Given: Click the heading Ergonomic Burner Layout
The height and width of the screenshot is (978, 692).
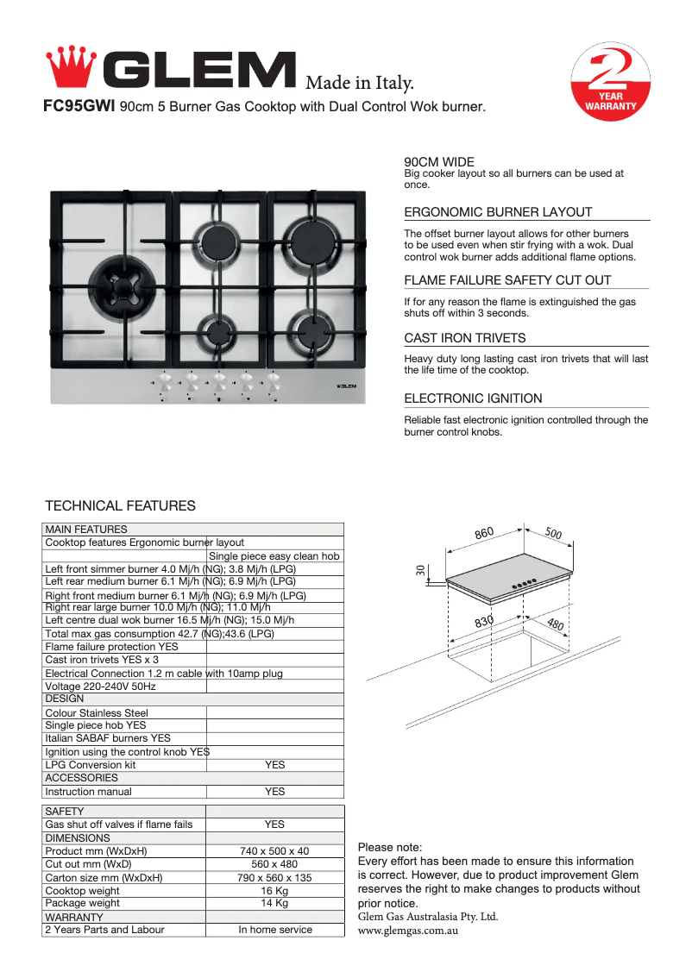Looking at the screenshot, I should [498, 212].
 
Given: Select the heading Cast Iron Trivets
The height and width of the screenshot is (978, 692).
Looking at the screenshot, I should [465, 338].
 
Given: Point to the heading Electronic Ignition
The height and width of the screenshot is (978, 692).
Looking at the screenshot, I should [473, 398].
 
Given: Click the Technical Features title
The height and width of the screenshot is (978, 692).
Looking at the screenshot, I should [120, 506].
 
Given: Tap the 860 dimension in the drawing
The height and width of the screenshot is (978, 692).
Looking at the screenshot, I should [484, 533].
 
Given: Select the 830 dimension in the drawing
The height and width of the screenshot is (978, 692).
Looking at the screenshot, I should [484, 621].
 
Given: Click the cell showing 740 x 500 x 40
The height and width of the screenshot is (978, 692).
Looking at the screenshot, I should [274, 851].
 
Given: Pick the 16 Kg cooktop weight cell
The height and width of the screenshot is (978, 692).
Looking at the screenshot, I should [274, 891].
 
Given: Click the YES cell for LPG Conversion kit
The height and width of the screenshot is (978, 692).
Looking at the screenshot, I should [274, 765].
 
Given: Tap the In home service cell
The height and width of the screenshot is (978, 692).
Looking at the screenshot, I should [274, 930].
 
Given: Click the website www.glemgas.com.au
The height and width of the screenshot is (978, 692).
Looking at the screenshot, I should [407, 931].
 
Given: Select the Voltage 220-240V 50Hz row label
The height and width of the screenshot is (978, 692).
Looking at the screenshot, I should [100, 686].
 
